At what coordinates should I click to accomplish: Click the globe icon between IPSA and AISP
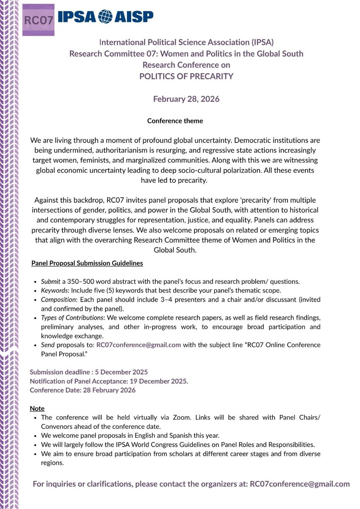(104, 17)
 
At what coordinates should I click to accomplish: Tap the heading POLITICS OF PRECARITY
(187, 76)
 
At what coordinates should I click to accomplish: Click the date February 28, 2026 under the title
(186, 99)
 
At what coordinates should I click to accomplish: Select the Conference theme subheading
(175, 121)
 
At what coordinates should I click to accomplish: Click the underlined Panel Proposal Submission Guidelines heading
(87, 263)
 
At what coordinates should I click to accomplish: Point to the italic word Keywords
(55, 290)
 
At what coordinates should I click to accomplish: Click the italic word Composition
(58, 299)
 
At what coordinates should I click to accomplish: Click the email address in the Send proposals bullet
(139, 345)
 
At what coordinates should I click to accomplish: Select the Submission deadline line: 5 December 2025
(89, 372)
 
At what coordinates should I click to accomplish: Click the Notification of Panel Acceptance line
(109, 381)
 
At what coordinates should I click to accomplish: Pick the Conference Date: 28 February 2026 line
(83, 390)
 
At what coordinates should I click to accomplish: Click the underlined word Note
(37, 408)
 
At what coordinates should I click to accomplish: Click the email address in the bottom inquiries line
(300, 484)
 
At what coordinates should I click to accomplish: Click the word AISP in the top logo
(132, 17)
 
